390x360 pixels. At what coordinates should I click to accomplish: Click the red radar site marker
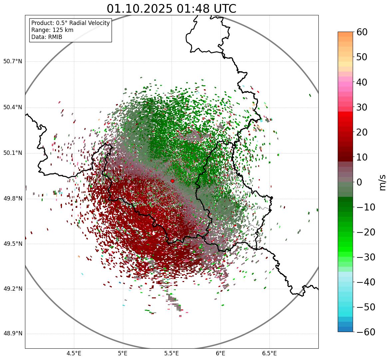coord(172,181)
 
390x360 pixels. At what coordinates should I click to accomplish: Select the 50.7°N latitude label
coord(13,62)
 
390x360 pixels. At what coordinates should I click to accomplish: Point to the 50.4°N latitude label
coord(13,108)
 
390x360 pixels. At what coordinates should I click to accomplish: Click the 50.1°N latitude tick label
coord(13,153)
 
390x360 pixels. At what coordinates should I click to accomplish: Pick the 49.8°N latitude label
coord(13,199)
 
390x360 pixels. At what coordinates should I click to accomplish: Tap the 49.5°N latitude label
coord(13,244)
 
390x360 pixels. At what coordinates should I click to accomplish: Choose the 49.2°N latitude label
coord(13,289)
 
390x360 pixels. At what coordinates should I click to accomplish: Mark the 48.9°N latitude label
coord(13,334)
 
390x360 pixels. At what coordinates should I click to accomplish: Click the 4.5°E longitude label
coord(74,353)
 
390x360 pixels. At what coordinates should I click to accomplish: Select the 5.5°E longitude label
coord(172,353)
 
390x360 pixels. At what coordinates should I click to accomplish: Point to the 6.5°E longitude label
coord(269,353)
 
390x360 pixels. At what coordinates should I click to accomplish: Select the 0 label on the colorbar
coord(360,182)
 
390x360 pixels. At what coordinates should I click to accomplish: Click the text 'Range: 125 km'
coord(52,30)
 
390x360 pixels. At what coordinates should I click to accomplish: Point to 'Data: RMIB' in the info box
coord(47,37)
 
